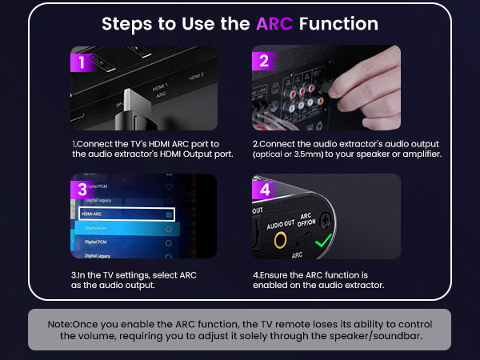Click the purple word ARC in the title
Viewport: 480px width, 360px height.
tap(274, 23)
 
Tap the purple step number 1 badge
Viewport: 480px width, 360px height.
tap(82, 62)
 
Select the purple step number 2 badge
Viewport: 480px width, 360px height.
tap(264, 61)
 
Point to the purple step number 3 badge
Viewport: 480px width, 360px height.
tap(82, 190)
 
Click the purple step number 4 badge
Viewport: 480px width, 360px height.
tap(265, 190)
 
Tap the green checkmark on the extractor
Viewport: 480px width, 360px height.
tap(323, 240)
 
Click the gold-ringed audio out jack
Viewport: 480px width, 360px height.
tap(280, 240)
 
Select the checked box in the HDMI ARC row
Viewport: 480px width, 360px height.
tap(169, 214)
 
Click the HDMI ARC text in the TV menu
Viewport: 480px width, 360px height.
tap(91, 214)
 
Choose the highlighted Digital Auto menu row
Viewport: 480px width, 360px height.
tap(127, 228)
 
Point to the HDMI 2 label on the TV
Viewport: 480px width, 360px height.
tap(196, 77)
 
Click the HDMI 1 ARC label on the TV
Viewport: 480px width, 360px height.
tap(161, 90)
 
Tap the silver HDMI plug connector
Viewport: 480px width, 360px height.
tap(137, 102)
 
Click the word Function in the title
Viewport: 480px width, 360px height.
tap(338, 23)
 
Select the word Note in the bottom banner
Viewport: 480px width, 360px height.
tap(59, 324)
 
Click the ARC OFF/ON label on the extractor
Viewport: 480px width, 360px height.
tap(306, 220)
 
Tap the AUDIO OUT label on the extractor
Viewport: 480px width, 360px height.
tap(281, 224)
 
